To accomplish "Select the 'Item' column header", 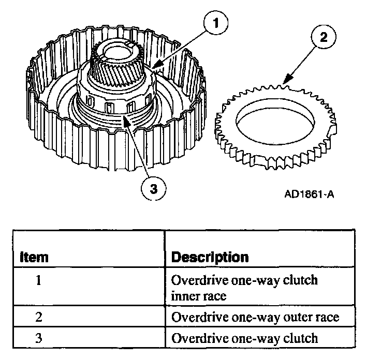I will pos(34,257).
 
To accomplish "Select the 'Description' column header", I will pos(210,257).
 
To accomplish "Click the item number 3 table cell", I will pos(38,339).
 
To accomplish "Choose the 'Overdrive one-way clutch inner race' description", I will pos(244,288).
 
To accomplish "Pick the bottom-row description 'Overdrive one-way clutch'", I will pos(244,339).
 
